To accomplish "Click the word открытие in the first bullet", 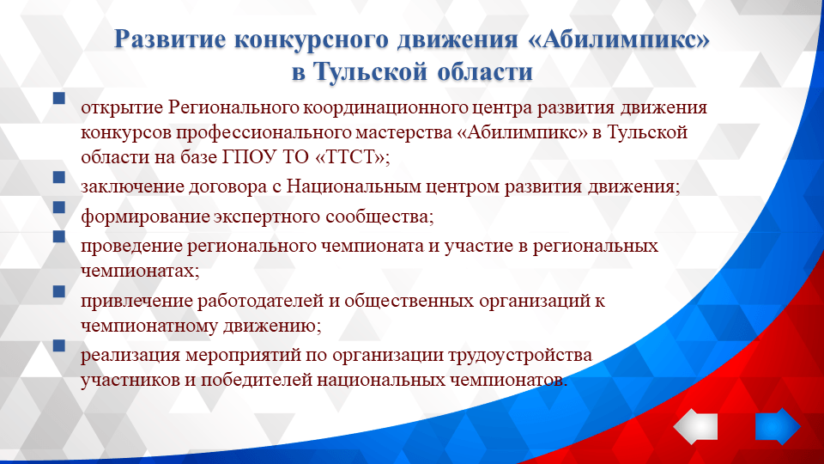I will click(121, 108).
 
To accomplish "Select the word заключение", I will click(127, 187).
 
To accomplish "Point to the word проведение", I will click(125, 246).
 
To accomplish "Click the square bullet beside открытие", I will click(58, 99).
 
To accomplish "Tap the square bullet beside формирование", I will click(58, 207).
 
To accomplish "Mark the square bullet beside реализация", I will click(58, 345).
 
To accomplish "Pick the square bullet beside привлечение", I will click(58, 292).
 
